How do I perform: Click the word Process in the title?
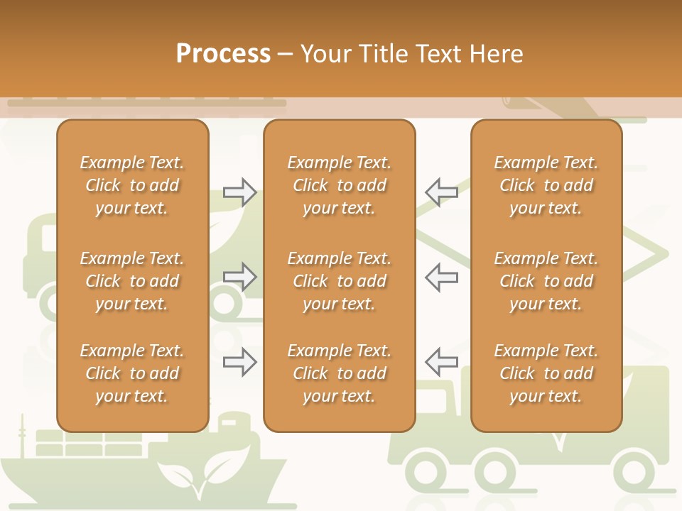pyautogui.click(x=223, y=54)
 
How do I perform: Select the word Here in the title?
pyautogui.click(x=495, y=54)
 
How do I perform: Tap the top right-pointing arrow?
pyautogui.click(x=240, y=192)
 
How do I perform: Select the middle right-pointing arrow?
pyautogui.click(x=240, y=277)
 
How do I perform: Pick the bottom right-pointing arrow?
pyautogui.click(x=240, y=362)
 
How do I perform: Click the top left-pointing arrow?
pyautogui.click(x=441, y=192)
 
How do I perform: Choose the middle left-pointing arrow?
pyautogui.click(x=441, y=277)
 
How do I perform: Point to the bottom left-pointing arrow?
pyautogui.click(x=441, y=362)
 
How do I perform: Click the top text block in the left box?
pyautogui.click(x=132, y=185)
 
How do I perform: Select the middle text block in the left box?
pyautogui.click(x=132, y=281)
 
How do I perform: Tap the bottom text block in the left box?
pyautogui.click(x=132, y=373)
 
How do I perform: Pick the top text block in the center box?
pyautogui.click(x=340, y=185)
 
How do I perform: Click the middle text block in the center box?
pyautogui.click(x=340, y=281)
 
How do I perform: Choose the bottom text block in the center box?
pyautogui.click(x=340, y=373)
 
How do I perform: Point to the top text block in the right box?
pyautogui.click(x=546, y=185)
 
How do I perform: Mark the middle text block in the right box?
pyautogui.click(x=546, y=281)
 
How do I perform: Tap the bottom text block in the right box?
pyautogui.click(x=546, y=373)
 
